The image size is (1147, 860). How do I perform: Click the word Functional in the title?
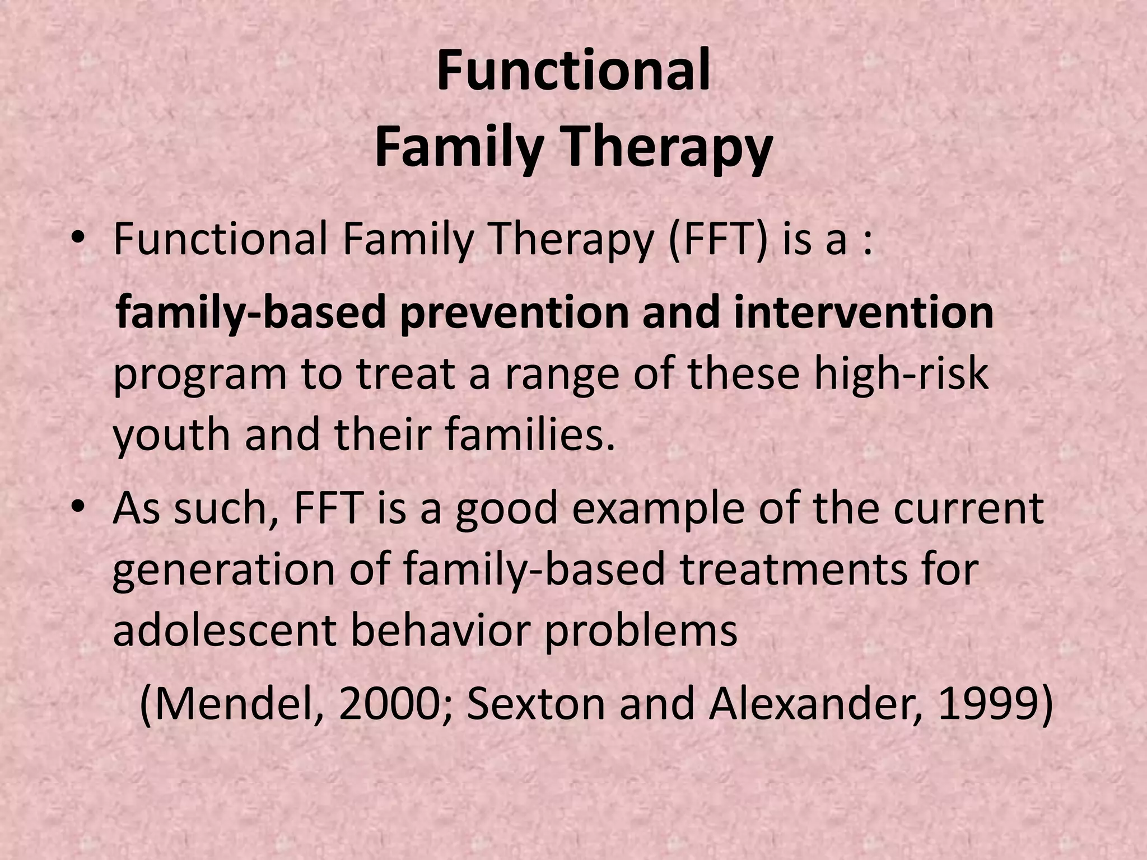(573, 72)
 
